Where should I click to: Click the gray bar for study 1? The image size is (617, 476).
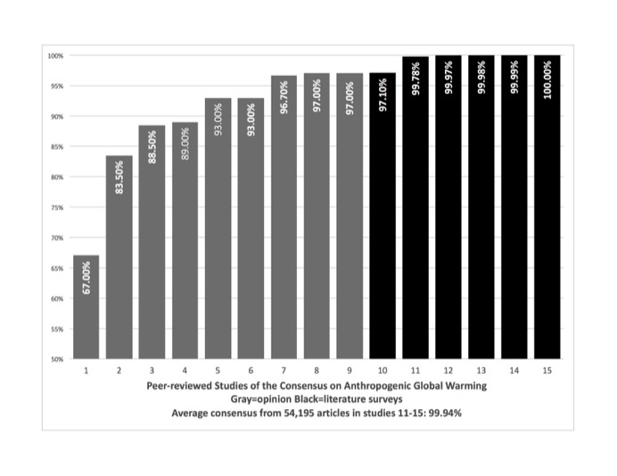(86, 307)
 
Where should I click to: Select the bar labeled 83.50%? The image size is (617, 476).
(119, 257)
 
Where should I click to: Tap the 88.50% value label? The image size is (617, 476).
(152, 147)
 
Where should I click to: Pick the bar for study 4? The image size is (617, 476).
(185, 241)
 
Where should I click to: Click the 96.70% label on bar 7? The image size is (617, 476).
(284, 97)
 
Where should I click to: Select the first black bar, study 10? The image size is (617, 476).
(383, 216)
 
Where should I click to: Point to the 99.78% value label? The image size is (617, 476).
(415, 78)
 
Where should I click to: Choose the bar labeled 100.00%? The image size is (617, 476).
(547, 207)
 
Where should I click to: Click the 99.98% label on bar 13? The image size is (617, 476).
(481, 77)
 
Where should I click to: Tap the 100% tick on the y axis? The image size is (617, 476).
(55, 56)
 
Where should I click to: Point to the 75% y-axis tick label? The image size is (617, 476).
(57, 208)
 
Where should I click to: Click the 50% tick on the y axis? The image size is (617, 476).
(57, 359)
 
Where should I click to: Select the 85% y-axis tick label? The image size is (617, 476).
(57, 147)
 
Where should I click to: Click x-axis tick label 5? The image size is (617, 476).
(218, 370)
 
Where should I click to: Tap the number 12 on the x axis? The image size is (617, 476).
(448, 370)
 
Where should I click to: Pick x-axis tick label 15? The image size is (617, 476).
(547, 370)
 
